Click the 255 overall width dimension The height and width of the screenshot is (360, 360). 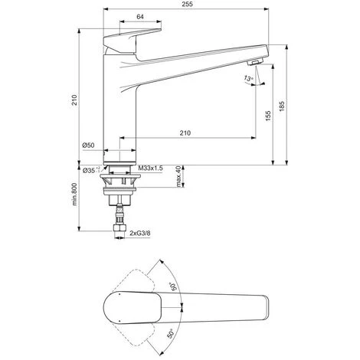(x=188, y=4)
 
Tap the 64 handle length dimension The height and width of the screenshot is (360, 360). (x=140, y=17)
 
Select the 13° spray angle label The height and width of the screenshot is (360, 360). (x=248, y=78)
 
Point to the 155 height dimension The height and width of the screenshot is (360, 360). (x=268, y=116)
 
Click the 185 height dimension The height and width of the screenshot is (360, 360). (x=281, y=106)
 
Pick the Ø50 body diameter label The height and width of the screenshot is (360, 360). (x=88, y=146)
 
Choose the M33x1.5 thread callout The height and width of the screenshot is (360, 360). (x=150, y=169)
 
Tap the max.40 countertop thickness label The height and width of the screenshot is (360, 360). (x=178, y=176)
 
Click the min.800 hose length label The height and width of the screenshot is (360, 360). (x=74, y=194)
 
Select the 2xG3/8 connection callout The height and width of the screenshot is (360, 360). (x=140, y=233)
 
